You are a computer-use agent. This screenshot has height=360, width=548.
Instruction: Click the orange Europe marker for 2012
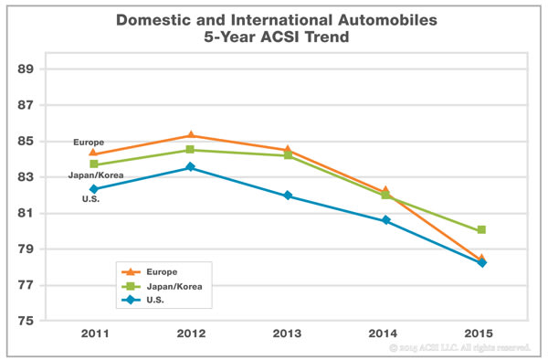pos(191,135)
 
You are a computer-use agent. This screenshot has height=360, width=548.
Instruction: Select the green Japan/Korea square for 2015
pos(481,230)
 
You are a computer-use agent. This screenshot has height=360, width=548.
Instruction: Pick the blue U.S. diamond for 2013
pos(288,196)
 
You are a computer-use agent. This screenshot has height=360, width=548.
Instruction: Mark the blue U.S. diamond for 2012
pos(191,167)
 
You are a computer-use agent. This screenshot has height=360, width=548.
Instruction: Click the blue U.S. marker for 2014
pos(385,220)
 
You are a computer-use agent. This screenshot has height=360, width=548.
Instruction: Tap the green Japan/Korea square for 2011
pos(93,164)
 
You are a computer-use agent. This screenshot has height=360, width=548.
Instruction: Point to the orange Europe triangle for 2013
pos(288,150)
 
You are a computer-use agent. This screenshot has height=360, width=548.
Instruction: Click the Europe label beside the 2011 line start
pos(90,143)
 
